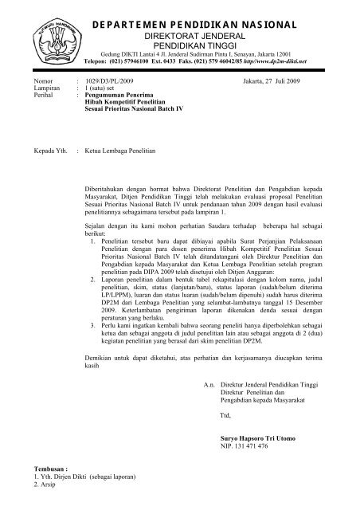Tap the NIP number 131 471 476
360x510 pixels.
pyautogui.click(x=238, y=448)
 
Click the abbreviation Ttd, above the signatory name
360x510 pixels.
pyautogui.click(x=224, y=417)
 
